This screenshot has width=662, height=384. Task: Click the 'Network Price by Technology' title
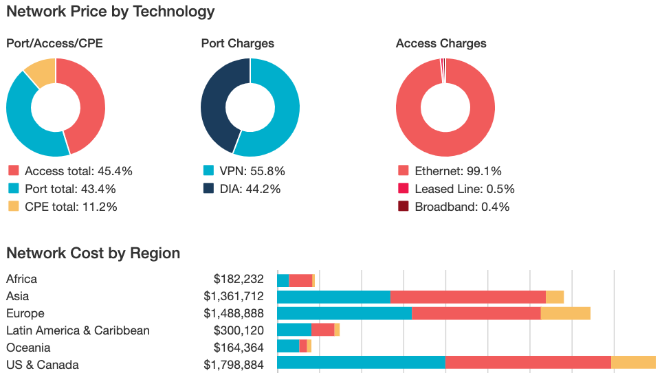point(110,12)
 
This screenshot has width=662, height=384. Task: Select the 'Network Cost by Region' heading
point(93,253)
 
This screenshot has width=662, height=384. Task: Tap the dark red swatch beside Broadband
point(403,207)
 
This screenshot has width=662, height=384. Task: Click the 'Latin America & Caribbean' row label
point(78,330)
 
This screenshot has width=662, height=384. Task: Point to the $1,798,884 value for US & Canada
point(233,365)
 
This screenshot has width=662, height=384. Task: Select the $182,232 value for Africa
point(239,279)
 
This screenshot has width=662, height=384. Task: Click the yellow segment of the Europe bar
point(565,313)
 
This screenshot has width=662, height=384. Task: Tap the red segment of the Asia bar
point(467,297)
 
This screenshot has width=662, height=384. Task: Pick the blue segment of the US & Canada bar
point(361,363)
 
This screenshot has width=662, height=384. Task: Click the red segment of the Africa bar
point(300,280)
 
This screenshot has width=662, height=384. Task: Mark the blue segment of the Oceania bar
point(288,346)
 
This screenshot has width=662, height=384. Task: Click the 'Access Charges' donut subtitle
point(441,43)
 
